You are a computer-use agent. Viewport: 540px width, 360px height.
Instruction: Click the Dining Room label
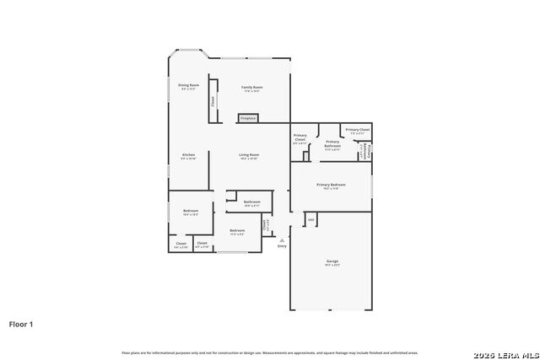188,85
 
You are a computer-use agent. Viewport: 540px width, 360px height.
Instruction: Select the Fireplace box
248,118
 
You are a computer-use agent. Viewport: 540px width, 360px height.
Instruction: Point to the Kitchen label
189,155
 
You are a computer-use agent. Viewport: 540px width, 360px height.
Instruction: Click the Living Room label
248,155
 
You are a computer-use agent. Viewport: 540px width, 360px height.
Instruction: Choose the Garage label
332,261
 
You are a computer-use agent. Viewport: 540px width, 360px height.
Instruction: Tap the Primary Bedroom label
332,185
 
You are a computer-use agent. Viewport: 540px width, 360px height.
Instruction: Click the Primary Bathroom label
332,143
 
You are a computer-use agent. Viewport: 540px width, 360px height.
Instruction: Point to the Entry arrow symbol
282,239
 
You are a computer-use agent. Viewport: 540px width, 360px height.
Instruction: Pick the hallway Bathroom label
252,202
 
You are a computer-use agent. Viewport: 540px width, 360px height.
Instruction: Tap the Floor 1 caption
21,323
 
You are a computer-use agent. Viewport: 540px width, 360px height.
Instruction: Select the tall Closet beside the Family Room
213,100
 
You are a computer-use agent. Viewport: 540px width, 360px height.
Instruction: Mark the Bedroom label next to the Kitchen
191,211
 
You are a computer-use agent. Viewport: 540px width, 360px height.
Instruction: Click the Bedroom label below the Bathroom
237,230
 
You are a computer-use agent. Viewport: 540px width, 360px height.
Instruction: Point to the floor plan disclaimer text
269,352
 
